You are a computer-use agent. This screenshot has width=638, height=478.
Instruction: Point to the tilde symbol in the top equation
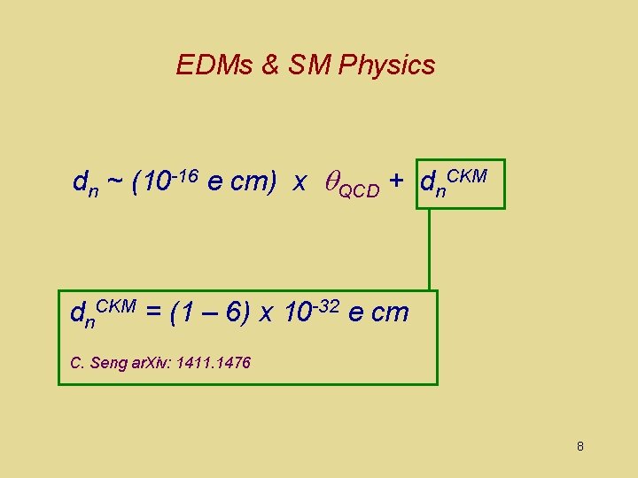115,183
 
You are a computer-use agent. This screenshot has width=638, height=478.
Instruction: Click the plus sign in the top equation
396,182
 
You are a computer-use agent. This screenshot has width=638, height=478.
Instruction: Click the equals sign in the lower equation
152,312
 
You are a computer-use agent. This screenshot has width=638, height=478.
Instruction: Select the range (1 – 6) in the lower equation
209,312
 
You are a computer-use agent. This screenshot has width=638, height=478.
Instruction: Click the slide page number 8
580,446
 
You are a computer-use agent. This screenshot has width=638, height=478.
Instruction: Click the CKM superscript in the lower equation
115,305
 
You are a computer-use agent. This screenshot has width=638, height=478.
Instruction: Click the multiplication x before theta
300,183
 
